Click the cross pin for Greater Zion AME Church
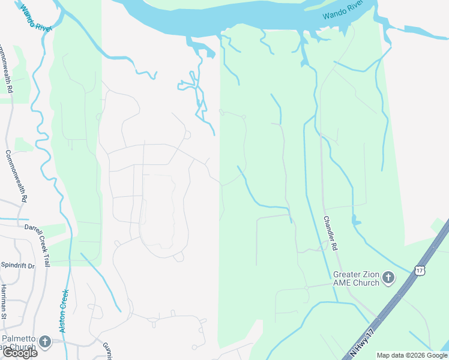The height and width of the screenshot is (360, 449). [x=388, y=278]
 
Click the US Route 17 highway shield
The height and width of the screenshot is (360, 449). [x=418, y=271]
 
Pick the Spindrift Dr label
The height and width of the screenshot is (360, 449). [x=17, y=265]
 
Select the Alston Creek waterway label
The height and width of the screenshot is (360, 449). [x=64, y=311]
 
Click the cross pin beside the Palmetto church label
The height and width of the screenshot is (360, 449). [x=45, y=342]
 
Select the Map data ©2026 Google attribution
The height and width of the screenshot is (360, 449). [x=412, y=355]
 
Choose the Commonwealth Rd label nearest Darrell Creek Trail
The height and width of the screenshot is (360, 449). [x=17, y=175]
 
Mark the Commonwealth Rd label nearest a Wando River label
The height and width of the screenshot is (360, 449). [x=6, y=67]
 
